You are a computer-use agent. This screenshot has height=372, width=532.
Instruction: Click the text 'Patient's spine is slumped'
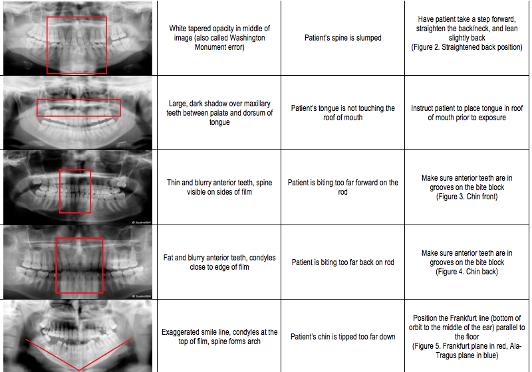(x=343, y=38)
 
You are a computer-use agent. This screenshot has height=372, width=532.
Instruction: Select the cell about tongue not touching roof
(x=343, y=113)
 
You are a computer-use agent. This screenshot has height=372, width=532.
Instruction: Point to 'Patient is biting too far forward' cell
(x=343, y=187)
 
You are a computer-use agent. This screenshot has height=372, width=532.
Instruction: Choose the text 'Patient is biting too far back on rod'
(x=343, y=262)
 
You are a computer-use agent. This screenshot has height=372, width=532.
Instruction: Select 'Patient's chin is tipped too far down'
(x=343, y=337)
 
